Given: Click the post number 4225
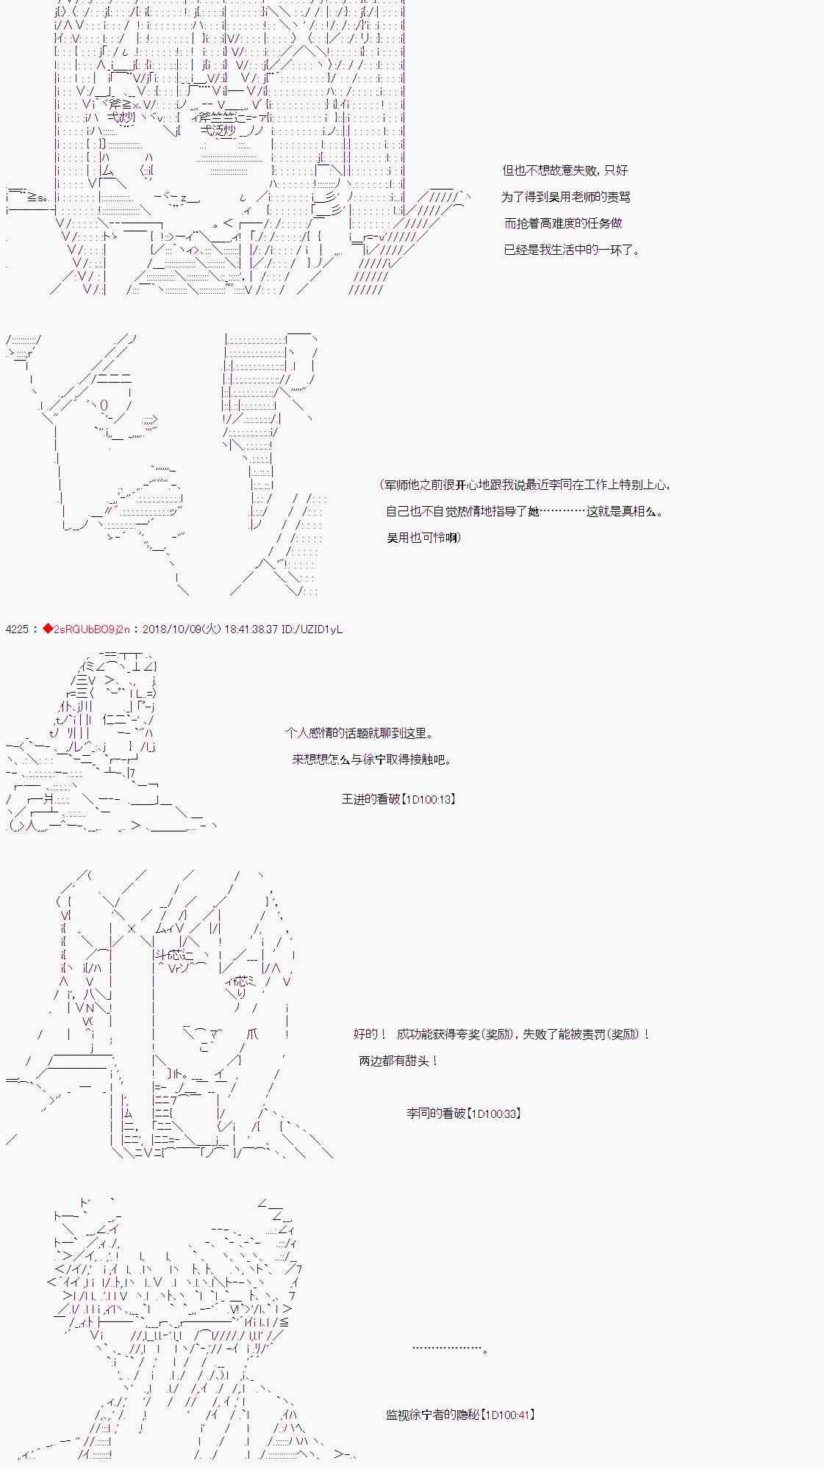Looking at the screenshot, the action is (x=16, y=629).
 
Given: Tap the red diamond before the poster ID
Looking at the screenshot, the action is (x=48, y=629).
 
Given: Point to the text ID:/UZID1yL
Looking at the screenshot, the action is (x=312, y=629).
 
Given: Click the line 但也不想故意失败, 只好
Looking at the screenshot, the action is (x=565, y=170).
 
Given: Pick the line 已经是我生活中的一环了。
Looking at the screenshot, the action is (x=572, y=250).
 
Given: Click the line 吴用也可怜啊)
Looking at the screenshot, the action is (x=424, y=538).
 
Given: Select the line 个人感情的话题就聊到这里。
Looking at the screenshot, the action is (x=359, y=733).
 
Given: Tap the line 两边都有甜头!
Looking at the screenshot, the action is (x=398, y=1061).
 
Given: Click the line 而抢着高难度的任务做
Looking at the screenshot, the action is (x=563, y=223).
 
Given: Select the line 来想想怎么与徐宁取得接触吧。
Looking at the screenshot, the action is (x=372, y=759).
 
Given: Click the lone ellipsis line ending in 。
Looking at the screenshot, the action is (x=450, y=1348).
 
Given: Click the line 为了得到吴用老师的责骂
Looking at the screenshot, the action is (x=566, y=197).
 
